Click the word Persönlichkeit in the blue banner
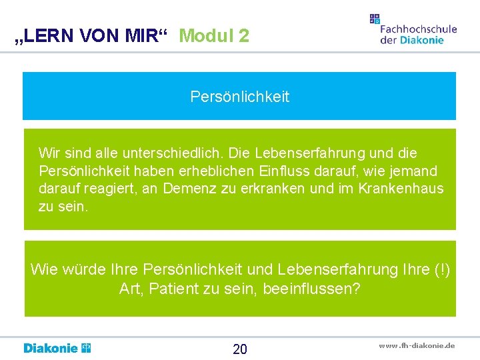[240, 97]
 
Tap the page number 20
[240, 349]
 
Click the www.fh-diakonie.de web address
[417, 345]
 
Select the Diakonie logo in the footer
[57, 348]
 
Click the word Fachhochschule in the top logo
[419, 29]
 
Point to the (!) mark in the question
[441, 270]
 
